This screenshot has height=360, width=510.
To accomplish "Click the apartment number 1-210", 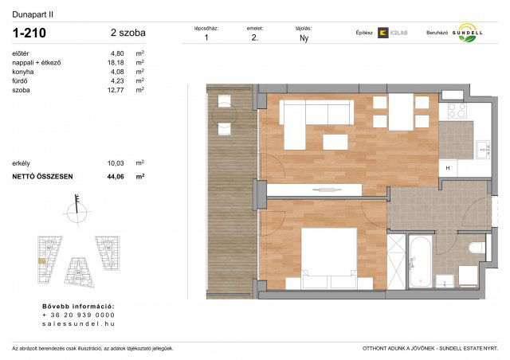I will pos(30,33).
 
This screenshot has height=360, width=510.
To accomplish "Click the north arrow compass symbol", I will pos(76,209).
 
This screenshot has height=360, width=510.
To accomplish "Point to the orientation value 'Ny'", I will pos(304,37).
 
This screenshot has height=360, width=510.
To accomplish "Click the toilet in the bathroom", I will pos(477,249).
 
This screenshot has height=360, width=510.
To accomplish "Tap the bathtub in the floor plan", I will pos(420,259).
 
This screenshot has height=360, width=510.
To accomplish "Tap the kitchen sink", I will pos(481,148).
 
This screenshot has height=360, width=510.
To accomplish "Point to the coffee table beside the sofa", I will pos(335,143).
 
